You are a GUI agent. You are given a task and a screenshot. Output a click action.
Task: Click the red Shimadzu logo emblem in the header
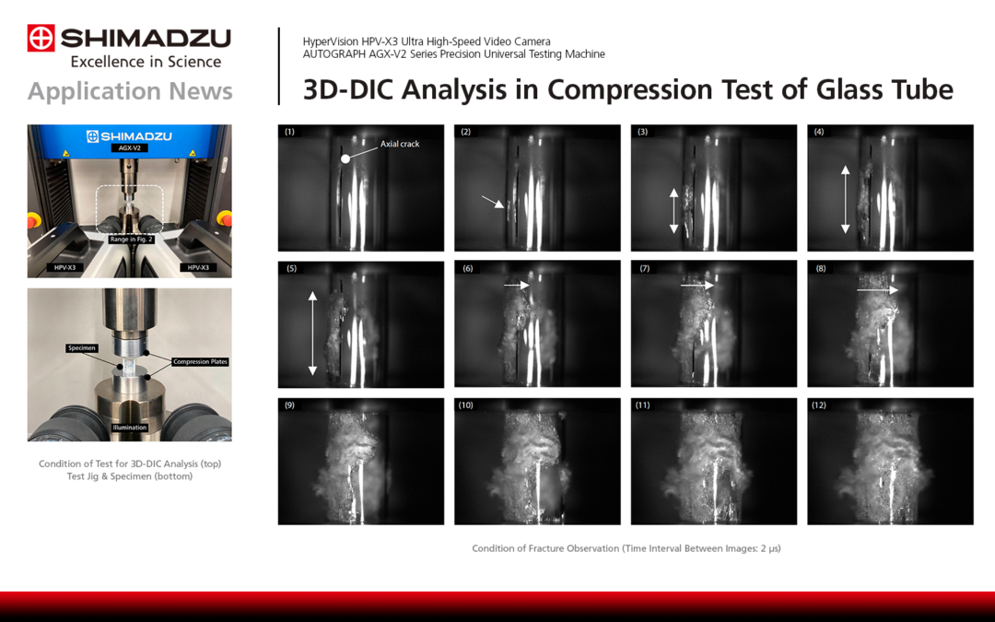tap(41, 38)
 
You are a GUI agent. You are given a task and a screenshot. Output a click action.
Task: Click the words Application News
tap(130, 91)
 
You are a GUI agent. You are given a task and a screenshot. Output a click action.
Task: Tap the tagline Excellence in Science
tap(146, 62)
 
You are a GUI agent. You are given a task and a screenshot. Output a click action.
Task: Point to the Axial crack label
tap(400, 144)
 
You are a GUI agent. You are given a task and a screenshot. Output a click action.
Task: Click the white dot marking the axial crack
tap(345, 158)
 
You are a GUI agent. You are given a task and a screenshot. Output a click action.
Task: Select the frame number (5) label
tap(290, 268)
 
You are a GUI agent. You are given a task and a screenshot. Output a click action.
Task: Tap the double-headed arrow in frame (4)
tap(845, 199)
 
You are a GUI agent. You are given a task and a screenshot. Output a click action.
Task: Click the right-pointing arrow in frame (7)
tap(697, 286)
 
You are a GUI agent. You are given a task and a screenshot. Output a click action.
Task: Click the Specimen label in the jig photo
tap(81, 348)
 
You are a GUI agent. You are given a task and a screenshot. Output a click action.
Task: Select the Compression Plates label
tap(200, 361)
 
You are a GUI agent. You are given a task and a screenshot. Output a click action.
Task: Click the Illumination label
tap(129, 428)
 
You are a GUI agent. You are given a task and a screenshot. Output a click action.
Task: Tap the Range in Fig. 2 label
tap(130, 239)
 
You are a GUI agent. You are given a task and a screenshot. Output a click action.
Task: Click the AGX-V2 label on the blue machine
tap(129, 148)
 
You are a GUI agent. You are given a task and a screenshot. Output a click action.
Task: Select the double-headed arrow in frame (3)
tap(673, 210)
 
